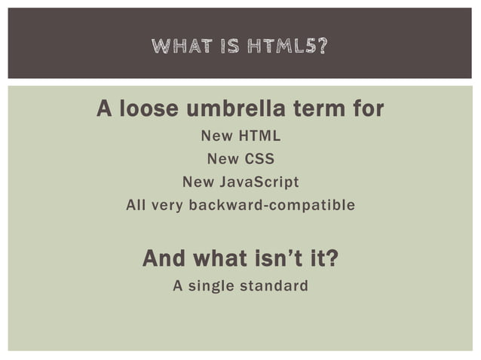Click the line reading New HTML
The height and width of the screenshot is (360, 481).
coord(240,137)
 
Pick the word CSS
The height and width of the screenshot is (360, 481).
coord(259,160)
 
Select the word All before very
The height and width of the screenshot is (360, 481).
coord(136,205)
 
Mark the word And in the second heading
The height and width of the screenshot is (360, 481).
coord(165,260)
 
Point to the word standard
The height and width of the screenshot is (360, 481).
coord(273,286)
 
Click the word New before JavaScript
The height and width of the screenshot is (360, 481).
coord(198,182)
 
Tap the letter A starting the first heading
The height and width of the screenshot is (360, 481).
coord(104,110)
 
